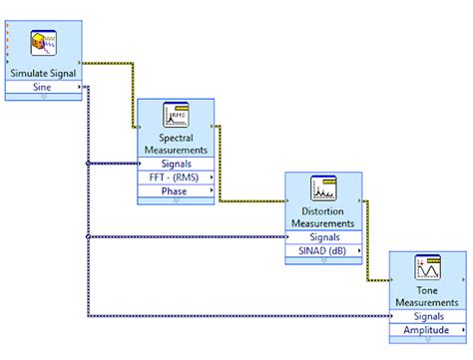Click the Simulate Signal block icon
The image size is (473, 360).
42,41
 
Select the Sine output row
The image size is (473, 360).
42,87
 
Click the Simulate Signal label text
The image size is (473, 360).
42,73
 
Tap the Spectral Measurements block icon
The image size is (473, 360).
176,115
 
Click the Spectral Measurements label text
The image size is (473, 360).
176,143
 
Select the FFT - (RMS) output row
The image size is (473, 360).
176,178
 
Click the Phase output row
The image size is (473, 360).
176,191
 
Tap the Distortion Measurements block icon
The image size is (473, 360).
323,187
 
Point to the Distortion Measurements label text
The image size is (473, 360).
323,216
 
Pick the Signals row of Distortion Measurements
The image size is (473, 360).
323,237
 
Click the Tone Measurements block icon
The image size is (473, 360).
427,267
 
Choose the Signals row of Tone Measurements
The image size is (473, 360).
427,316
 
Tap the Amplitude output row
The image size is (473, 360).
427,330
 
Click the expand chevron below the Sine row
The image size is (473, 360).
42,96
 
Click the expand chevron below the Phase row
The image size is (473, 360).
176,200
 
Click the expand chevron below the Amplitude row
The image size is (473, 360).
427,339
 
